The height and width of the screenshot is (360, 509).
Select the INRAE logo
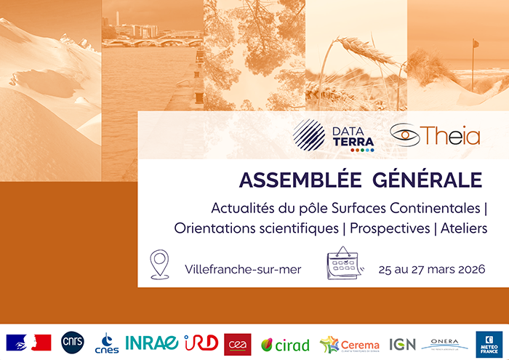point(151,343)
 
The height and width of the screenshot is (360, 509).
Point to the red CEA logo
point(238,343)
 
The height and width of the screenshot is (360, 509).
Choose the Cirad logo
point(285,344)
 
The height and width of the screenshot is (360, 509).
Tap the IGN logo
point(402,343)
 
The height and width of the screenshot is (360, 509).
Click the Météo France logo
point(487,343)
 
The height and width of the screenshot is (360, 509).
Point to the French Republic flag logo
point(29,343)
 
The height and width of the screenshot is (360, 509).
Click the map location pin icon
point(159,264)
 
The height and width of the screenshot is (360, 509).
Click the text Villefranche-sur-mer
point(243,269)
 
